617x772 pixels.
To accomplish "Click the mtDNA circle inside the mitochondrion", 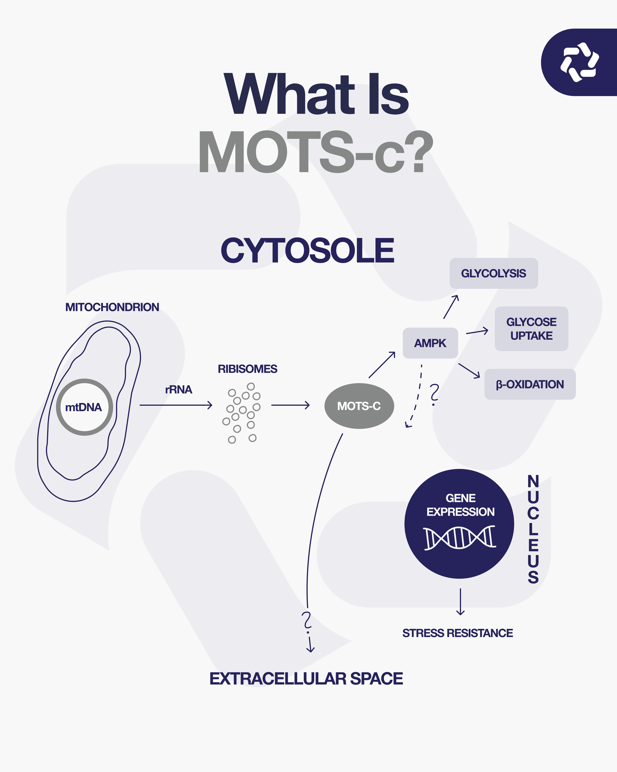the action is (84, 407).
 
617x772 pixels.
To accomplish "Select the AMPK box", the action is (430, 343).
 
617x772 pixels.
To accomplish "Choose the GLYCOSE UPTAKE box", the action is (531, 329).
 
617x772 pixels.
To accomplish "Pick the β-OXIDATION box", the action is (530, 384).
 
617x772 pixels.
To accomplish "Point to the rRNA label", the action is (179, 390).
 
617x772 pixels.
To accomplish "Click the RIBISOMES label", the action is (248, 369).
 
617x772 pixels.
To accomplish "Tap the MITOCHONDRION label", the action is (112, 307).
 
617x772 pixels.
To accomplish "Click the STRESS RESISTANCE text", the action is (457, 633).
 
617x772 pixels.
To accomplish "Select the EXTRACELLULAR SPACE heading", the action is (306, 679).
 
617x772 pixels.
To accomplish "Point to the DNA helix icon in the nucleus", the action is (460, 538).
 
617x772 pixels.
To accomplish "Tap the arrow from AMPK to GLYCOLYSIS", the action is (451, 307).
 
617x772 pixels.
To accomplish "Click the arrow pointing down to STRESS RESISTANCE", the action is (460, 602).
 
